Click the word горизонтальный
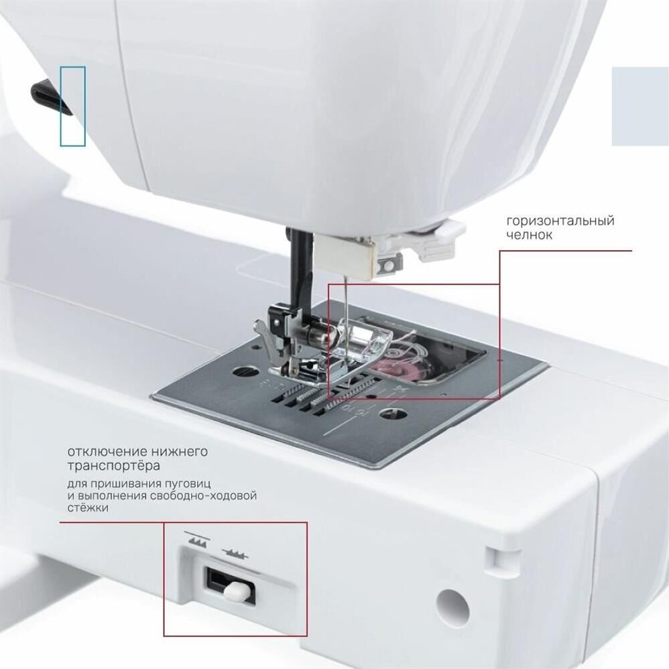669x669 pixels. pyautogui.click(x=560, y=221)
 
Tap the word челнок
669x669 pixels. pyautogui.click(x=529, y=235)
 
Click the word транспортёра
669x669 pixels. pyautogui.click(x=114, y=466)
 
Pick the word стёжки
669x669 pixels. pyautogui.click(x=88, y=507)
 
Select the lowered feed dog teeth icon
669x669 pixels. pyautogui.click(x=235, y=553)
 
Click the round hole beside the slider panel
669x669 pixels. pyautogui.click(x=452, y=608)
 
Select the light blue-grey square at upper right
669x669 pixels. pyautogui.click(x=640, y=106)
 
